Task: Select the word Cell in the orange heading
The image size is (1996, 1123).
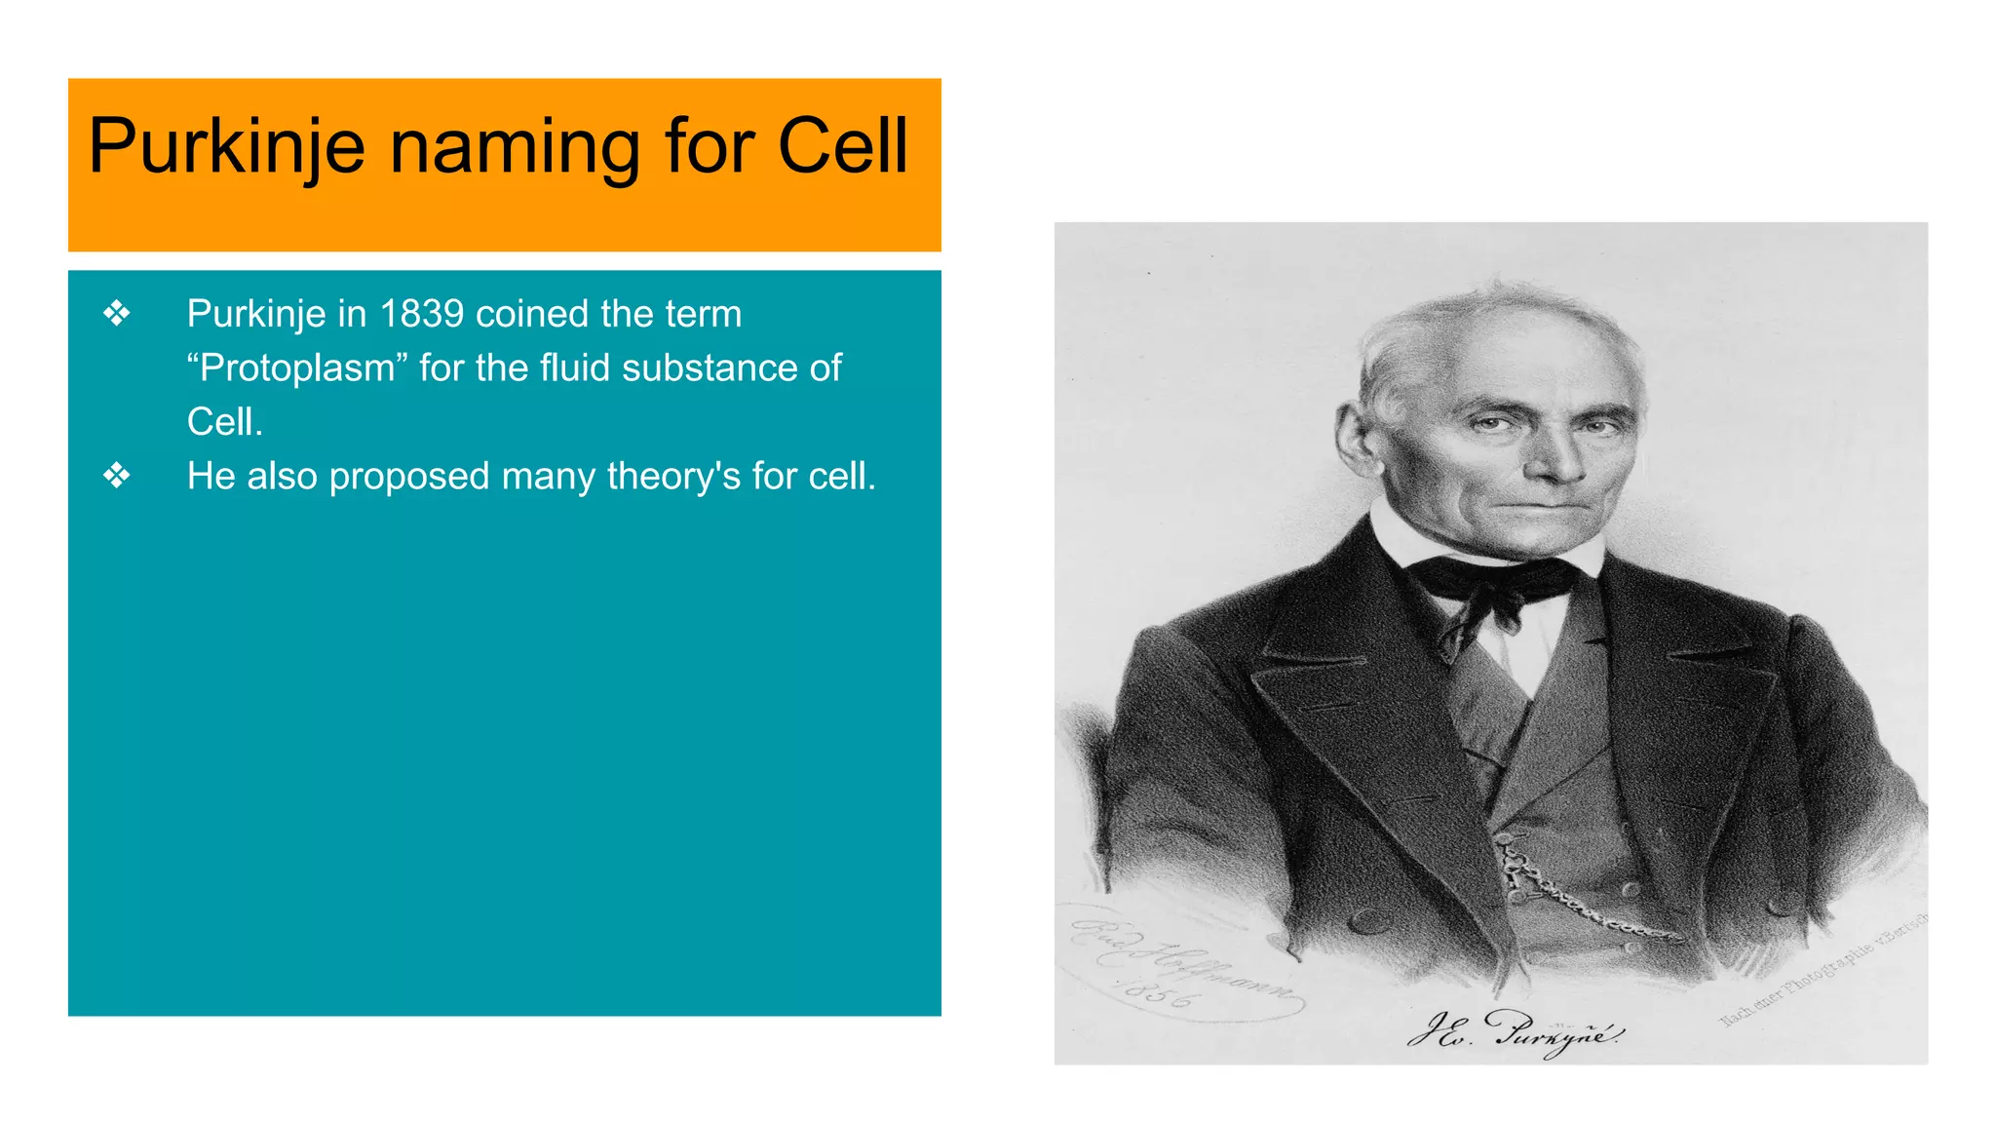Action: click(842, 146)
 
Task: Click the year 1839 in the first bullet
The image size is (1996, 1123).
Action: click(421, 314)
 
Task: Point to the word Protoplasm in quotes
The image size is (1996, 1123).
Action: click(297, 368)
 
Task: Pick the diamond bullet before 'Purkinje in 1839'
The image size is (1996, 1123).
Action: click(117, 314)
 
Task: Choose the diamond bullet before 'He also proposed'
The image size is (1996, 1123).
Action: click(117, 477)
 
